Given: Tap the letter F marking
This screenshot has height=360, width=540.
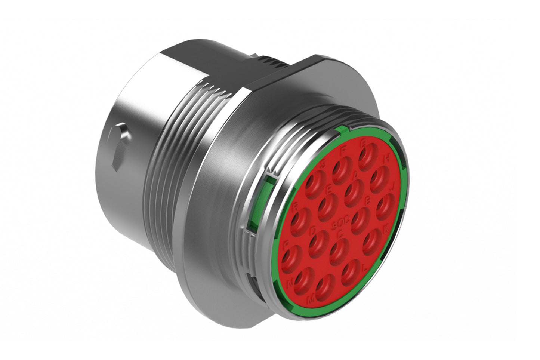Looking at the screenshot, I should [343, 151].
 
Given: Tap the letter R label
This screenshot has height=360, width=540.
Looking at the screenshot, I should [296, 206].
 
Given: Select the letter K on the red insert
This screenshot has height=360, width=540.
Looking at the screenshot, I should [386, 229].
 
